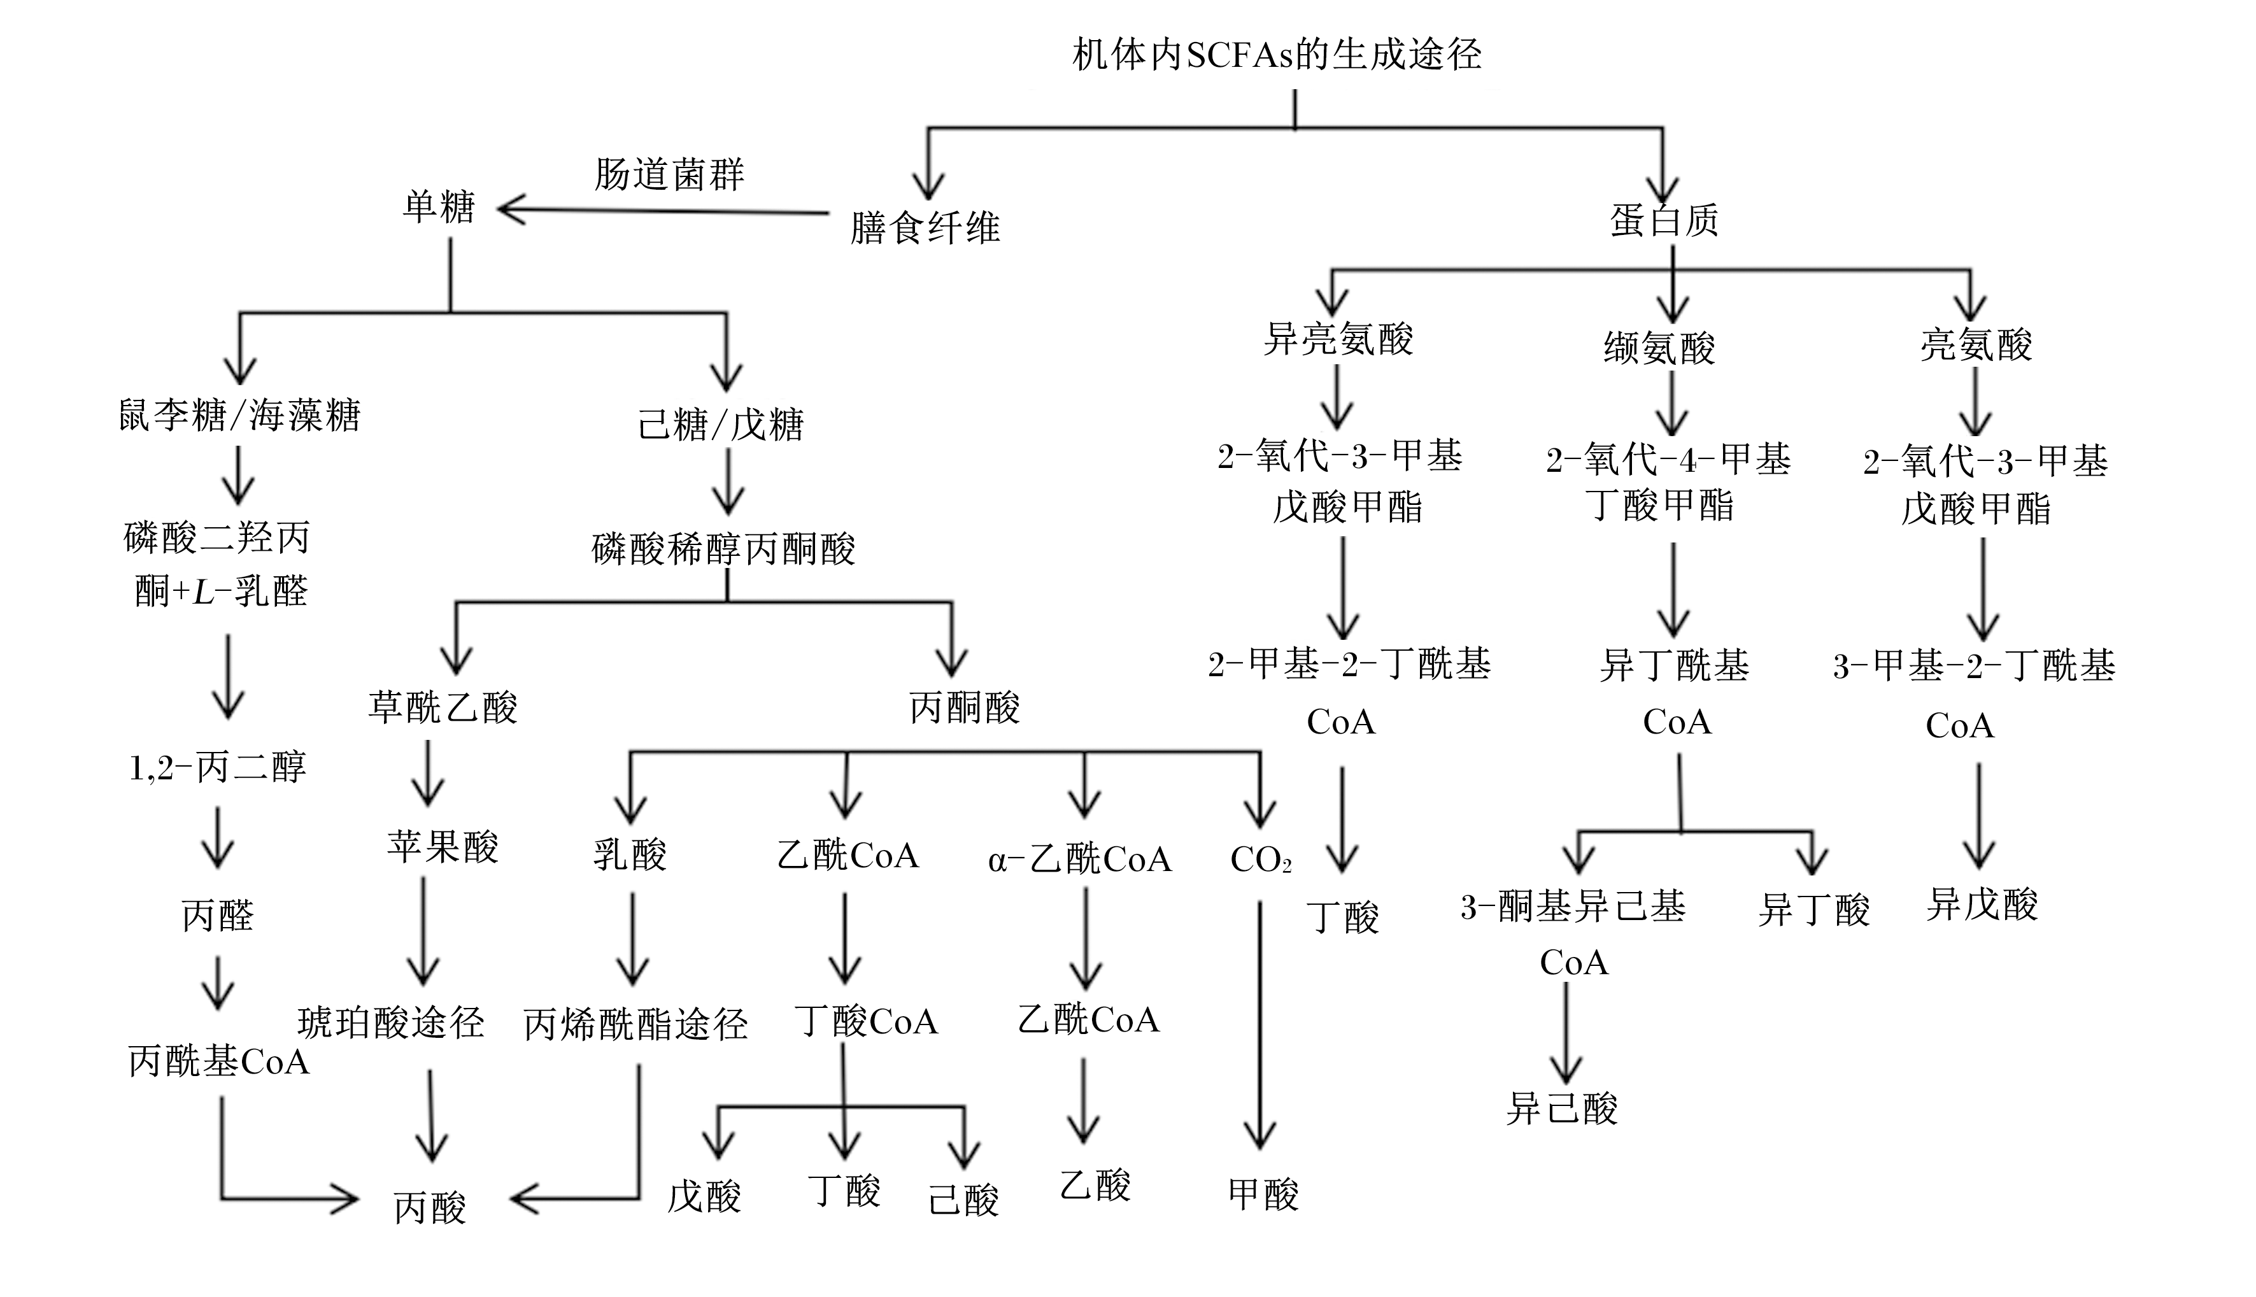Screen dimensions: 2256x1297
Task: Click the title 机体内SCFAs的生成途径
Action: click(x=1277, y=54)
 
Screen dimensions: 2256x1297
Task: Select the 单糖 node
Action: click(x=439, y=208)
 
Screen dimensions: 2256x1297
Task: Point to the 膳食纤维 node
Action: click(x=925, y=228)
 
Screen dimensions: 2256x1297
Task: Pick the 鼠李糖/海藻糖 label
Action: click(x=239, y=415)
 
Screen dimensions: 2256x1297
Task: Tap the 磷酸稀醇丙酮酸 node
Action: click(x=723, y=549)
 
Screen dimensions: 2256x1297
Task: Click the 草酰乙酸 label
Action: click(x=443, y=707)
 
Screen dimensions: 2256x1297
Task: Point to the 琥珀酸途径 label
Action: click(x=391, y=1023)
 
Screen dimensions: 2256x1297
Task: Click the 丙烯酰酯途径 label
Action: click(x=635, y=1024)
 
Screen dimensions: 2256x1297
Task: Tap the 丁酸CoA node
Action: click(x=866, y=1021)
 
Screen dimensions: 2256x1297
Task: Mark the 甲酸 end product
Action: click(x=1264, y=1194)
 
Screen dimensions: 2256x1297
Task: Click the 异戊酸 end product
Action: click(x=1982, y=904)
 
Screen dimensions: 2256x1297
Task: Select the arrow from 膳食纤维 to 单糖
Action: click(x=663, y=212)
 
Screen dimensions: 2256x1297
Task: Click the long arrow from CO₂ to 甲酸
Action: click(x=1259, y=1024)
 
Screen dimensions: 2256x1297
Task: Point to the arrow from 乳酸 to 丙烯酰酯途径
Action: click(x=632, y=939)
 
